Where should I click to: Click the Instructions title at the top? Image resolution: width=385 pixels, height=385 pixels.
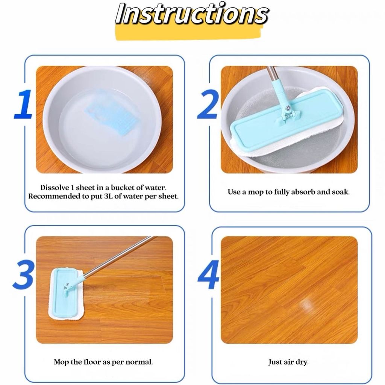tap(192, 14)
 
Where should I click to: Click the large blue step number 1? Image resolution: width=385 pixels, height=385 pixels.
tap(24, 105)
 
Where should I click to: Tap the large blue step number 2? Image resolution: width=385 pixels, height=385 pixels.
tap(208, 105)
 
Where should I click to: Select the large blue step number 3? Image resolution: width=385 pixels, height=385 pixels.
tap(24, 275)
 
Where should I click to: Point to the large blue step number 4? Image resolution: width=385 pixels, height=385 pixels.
tap(208, 275)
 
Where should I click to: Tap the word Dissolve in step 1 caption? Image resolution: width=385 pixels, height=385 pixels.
tap(55, 188)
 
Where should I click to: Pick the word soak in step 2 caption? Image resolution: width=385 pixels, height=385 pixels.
tap(341, 192)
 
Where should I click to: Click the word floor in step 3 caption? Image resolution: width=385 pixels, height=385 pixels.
tap(93, 362)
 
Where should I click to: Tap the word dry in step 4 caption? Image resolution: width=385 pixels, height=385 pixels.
tap(303, 362)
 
